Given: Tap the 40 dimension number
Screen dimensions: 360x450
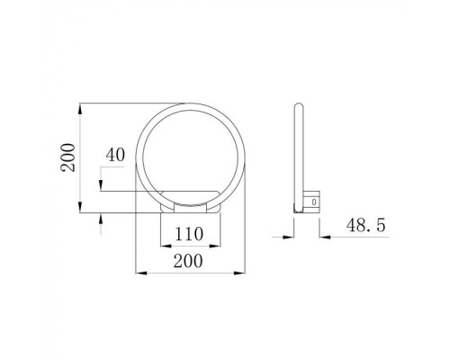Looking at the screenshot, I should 114,154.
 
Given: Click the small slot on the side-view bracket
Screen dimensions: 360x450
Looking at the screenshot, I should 314,203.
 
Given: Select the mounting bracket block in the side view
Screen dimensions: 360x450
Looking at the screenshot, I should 312,201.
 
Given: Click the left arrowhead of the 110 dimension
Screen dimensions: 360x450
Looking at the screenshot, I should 161,245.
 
